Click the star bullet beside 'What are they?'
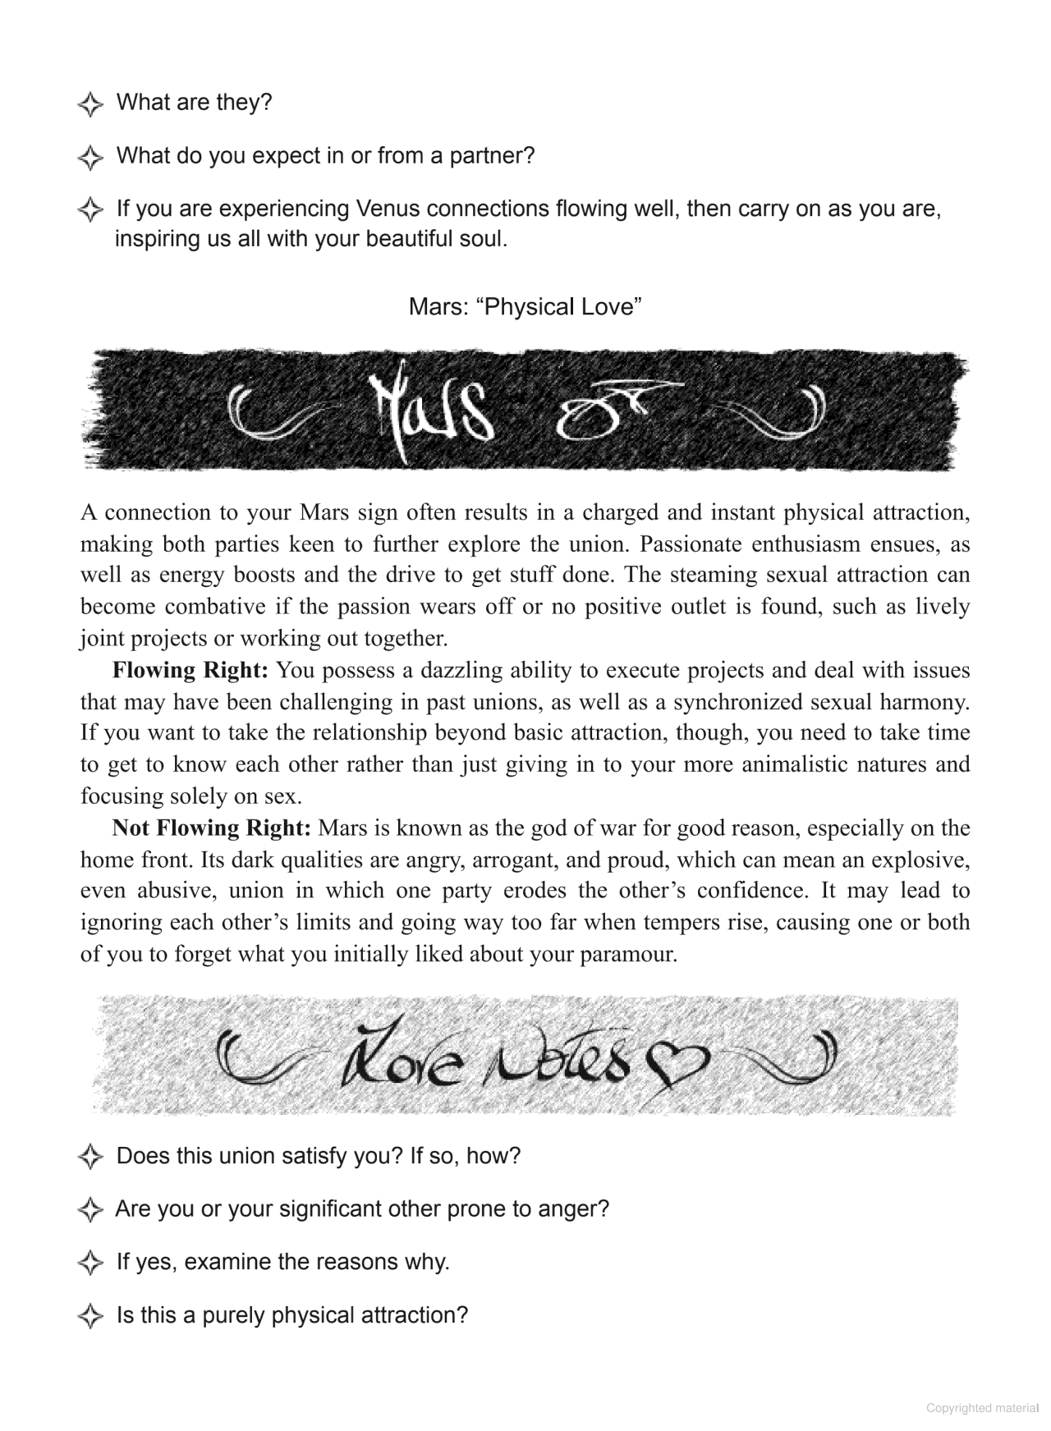[90, 104]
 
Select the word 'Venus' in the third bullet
[390, 209]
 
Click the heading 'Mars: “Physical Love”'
[525, 307]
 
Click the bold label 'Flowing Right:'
[190, 670]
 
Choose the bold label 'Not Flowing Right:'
[211, 828]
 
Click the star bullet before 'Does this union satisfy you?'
[90, 1158]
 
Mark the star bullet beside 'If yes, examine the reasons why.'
[90, 1263]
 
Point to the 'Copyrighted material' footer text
[982, 1408]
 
